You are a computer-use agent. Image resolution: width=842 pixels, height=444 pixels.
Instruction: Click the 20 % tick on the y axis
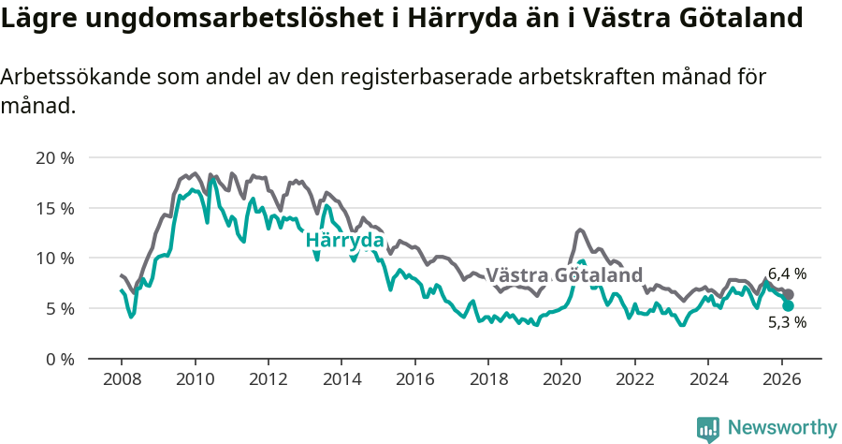(54, 157)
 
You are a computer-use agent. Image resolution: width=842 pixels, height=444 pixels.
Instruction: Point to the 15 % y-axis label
(54, 207)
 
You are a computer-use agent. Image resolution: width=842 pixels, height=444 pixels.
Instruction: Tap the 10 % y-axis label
(54, 258)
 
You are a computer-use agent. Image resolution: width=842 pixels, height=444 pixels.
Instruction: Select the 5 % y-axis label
(58, 308)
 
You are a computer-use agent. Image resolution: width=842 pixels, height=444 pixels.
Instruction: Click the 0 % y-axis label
(58, 359)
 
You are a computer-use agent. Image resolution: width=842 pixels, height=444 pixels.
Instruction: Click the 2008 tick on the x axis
(122, 379)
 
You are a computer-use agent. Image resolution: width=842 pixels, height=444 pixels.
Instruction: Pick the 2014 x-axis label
(341, 379)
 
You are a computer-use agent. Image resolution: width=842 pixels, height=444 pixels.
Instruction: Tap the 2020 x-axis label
(561, 379)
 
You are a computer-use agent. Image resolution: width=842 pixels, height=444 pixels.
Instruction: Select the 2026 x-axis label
(781, 379)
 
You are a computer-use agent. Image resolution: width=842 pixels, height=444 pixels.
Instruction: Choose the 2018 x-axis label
(488, 379)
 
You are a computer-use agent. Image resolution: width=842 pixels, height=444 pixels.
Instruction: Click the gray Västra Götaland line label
(564, 275)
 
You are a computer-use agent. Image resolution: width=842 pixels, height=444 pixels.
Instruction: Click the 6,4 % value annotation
(787, 274)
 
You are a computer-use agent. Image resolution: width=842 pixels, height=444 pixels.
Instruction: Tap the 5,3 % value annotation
(787, 322)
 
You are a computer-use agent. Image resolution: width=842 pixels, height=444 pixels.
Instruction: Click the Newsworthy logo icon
(708, 428)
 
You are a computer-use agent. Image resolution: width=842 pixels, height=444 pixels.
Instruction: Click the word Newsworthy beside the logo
(782, 428)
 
